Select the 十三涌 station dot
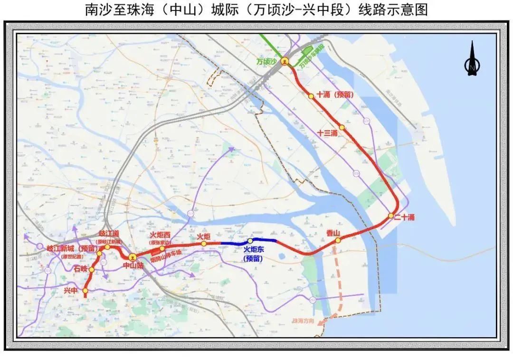[x=342, y=128]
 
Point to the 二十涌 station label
[x=404, y=218]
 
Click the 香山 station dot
[x=338, y=240]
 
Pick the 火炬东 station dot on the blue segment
[x=250, y=241]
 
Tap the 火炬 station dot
[x=203, y=244]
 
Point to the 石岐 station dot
[x=92, y=270]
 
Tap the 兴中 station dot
[x=85, y=290]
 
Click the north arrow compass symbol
[x=472, y=59]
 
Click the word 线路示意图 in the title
[x=384, y=9]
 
